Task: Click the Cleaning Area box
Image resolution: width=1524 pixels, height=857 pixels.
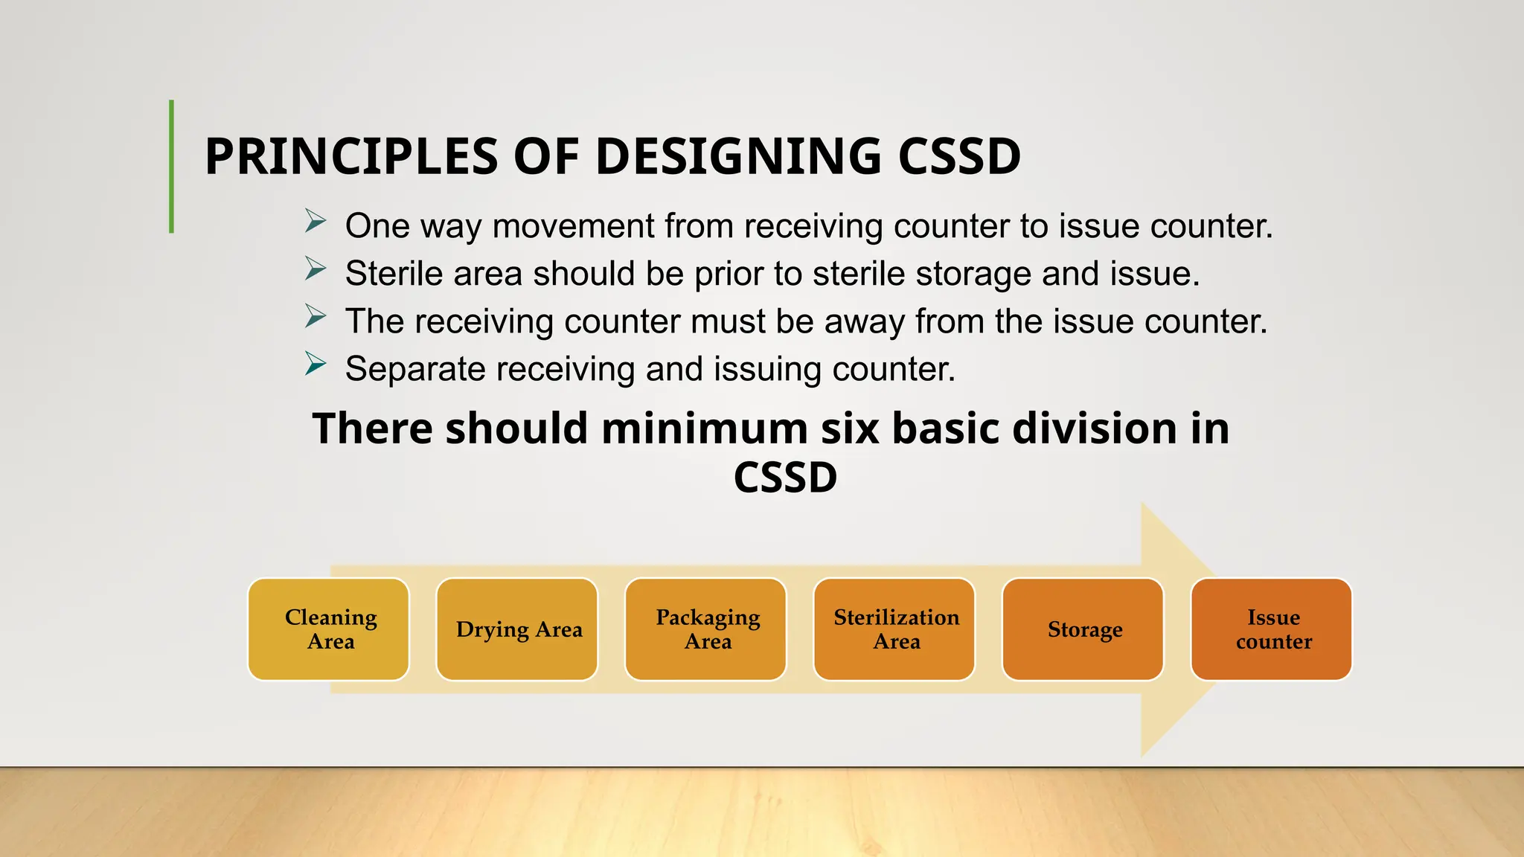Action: (329, 629)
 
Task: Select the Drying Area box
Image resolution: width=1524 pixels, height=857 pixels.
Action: (517, 629)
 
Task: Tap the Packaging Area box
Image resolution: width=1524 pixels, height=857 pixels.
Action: (706, 629)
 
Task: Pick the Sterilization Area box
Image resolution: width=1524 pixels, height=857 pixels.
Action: (894, 629)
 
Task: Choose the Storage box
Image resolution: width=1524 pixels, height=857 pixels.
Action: (1083, 629)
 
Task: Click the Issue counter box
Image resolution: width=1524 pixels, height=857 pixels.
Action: (1272, 629)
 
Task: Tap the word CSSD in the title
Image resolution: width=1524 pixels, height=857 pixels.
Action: (959, 157)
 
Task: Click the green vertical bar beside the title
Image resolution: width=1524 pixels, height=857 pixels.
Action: (172, 167)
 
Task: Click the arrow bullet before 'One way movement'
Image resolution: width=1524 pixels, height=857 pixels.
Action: (316, 222)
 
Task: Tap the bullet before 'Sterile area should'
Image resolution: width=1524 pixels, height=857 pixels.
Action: (316, 269)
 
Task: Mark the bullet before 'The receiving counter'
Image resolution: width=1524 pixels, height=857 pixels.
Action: (316, 317)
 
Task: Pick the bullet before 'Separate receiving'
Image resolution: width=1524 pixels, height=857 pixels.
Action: (316, 365)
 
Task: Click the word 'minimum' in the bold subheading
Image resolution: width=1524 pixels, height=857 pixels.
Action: (704, 429)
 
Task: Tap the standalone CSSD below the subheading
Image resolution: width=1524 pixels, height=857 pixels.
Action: (785, 478)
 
